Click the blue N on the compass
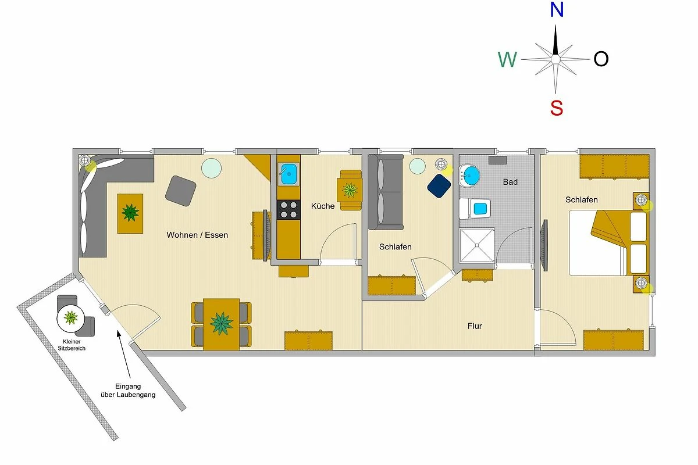click(x=557, y=10)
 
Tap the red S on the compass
click(x=557, y=108)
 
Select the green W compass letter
click(x=507, y=59)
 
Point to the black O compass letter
click(x=601, y=59)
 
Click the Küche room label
click(x=322, y=206)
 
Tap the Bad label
click(x=510, y=182)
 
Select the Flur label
click(x=475, y=326)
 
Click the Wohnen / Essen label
click(x=197, y=235)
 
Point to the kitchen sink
click(x=289, y=174)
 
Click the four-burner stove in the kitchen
click(x=289, y=210)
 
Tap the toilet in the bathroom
click(x=475, y=208)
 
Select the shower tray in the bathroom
click(x=477, y=245)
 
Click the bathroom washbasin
click(x=469, y=176)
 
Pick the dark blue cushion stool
click(x=439, y=186)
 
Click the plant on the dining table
click(x=221, y=324)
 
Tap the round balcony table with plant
click(x=71, y=319)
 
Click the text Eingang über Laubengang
click(x=128, y=391)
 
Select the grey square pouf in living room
click(x=181, y=191)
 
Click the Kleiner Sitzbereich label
click(x=72, y=345)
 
